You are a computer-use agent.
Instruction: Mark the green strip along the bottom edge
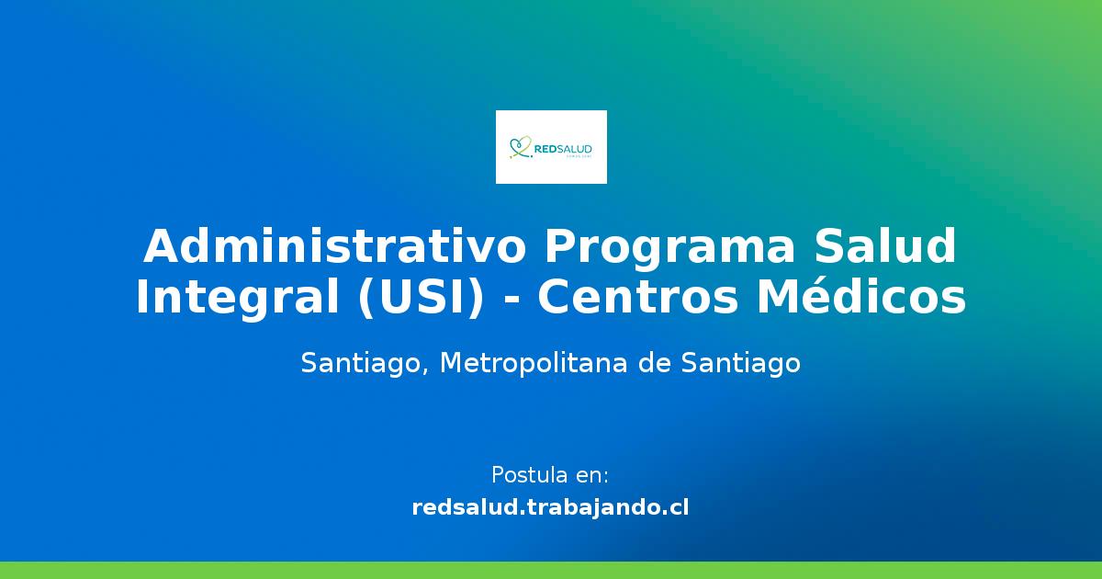coord(551,570)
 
